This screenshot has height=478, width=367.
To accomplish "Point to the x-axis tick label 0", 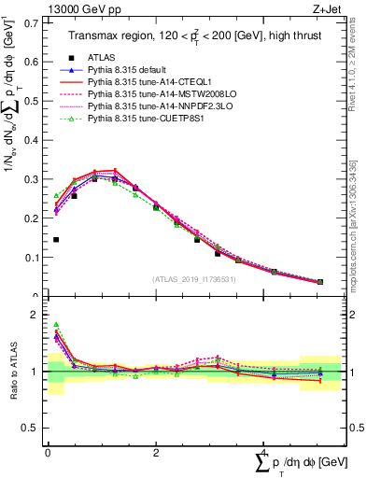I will click(x=48, y=453).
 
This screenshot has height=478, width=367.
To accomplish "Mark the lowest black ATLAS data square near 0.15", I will click(x=56, y=240).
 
